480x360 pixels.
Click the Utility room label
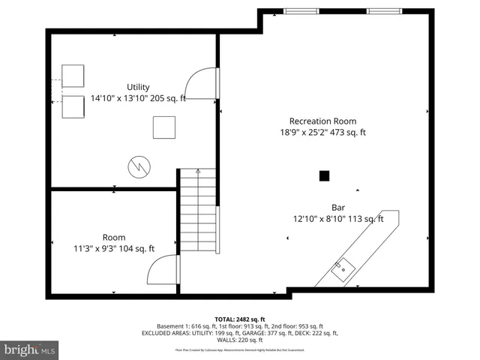coord(138,87)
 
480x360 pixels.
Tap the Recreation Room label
coord(323,121)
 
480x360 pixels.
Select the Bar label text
coord(338,208)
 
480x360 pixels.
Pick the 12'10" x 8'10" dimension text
coord(338,220)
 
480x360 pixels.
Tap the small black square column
coord(324,176)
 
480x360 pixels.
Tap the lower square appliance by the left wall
coord(73,106)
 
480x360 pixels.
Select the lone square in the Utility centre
coord(164,127)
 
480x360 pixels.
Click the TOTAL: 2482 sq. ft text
coord(240,319)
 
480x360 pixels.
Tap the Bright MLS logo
coord(30,349)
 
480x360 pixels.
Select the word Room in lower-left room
coord(115,237)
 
